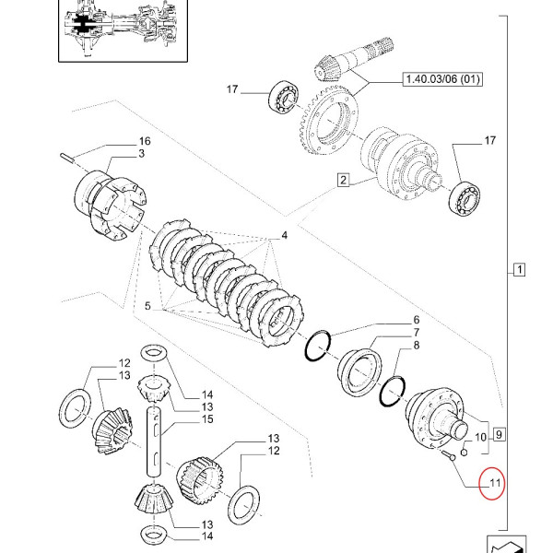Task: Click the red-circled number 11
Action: (x=492, y=482)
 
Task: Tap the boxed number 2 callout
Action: (x=343, y=181)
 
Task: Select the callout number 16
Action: (x=143, y=141)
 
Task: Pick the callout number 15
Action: (x=207, y=419)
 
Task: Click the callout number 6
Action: (x=390, y=320)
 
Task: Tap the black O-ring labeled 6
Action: (x=318, y=346)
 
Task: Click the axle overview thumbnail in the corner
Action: (x=117, y=29)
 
